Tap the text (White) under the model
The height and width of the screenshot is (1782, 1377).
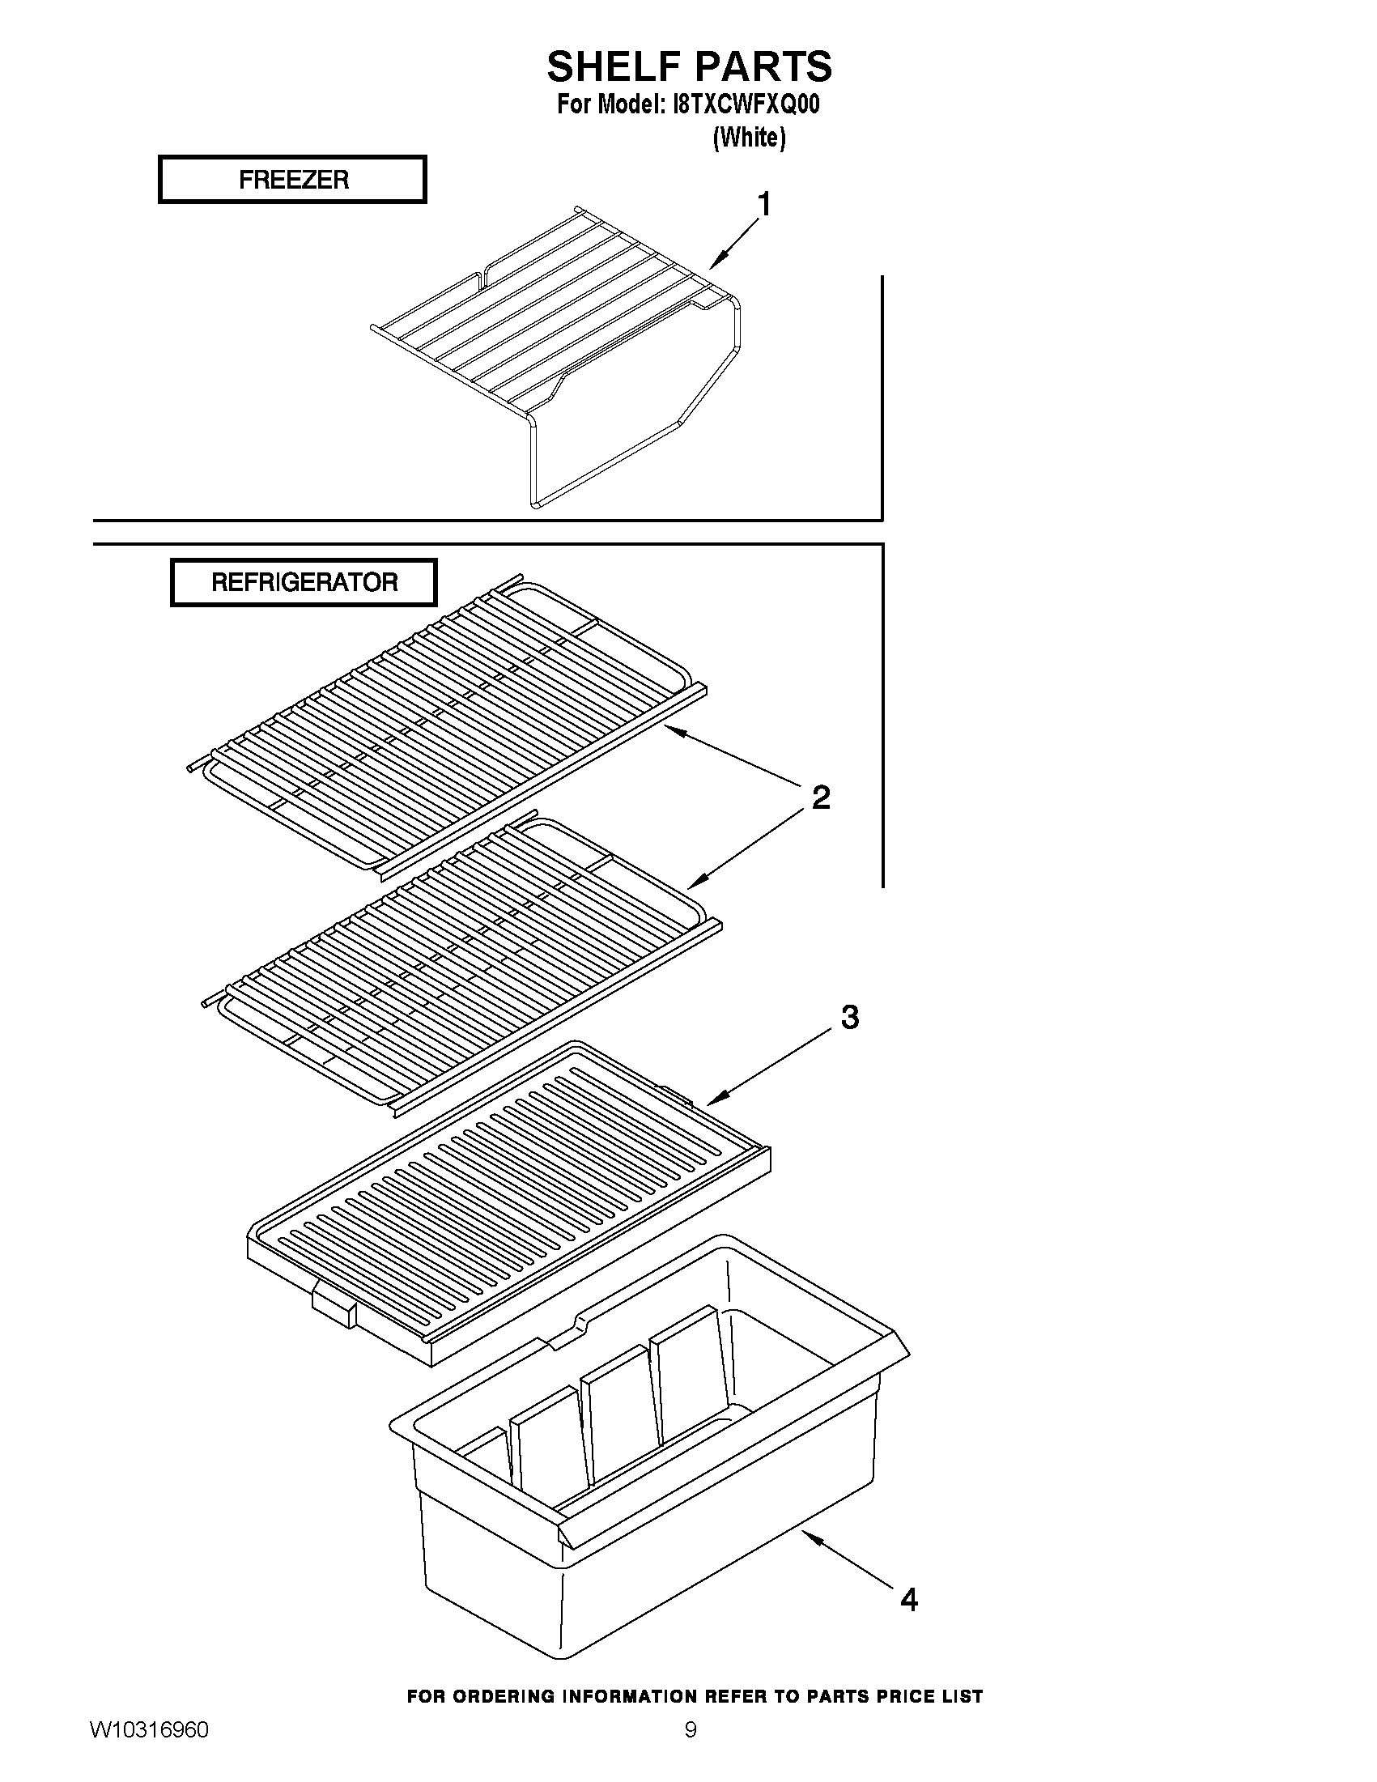(749, 137)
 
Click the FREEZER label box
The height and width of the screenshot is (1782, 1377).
(292, 180)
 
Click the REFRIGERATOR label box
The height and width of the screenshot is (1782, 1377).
(304, 583)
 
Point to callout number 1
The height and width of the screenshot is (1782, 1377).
(763, 204)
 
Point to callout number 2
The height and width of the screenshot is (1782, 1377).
(821, 797)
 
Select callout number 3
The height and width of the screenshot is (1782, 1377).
(849, 1018)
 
